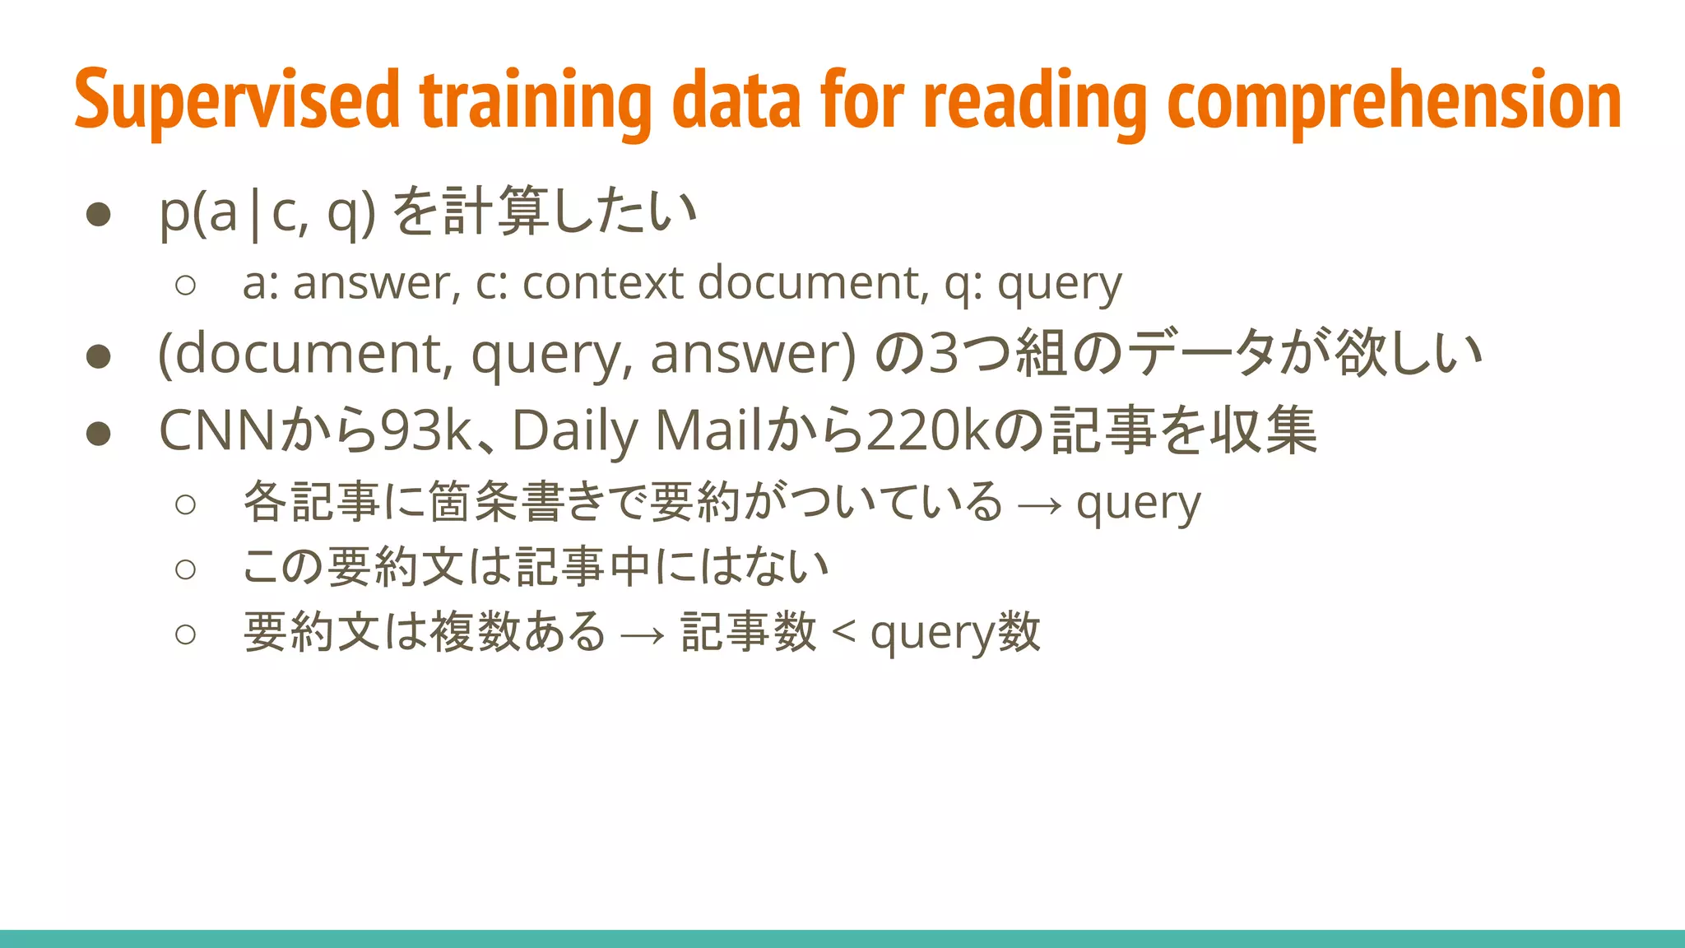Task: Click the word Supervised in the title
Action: [237, 100]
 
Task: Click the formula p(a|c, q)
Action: [267, 212]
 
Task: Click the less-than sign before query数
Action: [843, 633]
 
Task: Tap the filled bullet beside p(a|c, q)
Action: [99, 215]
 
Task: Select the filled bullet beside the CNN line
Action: [99, 433]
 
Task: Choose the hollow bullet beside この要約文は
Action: [186, 569]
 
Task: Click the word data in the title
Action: [736, 100]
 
